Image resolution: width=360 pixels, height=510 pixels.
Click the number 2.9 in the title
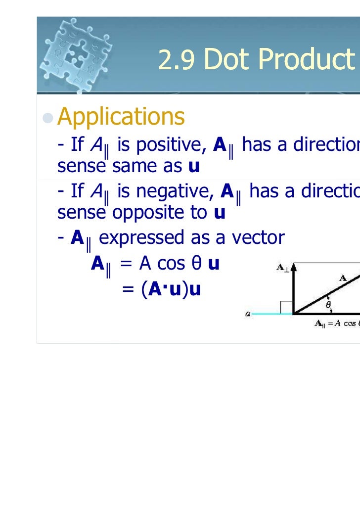pos(177,61)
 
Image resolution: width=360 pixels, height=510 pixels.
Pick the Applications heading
pos(121,117)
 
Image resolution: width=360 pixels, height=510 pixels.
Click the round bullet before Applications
pos(48,117)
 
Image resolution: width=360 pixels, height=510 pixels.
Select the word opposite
pos(161,213)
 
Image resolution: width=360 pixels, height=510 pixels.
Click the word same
pos(131,167)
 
